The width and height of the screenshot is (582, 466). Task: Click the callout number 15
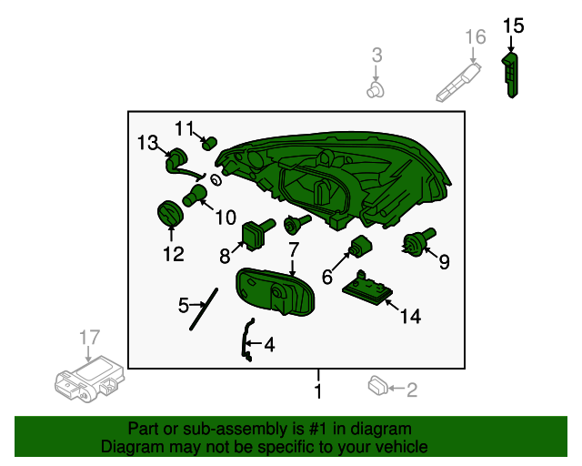(x=513, y=26)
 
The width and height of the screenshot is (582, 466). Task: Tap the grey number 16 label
(x=476, y=36)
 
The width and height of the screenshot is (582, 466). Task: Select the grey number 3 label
(x=376, y=55)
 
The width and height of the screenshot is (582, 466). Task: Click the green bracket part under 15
(x=510, y=76)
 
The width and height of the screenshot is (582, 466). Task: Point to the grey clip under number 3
(x=376, y=90)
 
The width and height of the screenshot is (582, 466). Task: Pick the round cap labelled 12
(x=170, y=213)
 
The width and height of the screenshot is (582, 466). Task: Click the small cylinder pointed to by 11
(x=210, y=143)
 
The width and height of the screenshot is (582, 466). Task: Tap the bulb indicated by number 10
(x=195, y=196)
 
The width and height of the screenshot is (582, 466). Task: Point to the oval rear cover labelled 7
(x=275, y=292)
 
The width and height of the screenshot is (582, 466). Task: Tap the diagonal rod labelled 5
(x=204, y=309)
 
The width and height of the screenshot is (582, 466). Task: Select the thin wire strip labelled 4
(x=246, y=340)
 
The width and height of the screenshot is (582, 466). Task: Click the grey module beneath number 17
(x=89, y=379)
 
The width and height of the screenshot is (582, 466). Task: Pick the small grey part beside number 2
(x=377, y=386)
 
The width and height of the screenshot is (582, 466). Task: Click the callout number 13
(x=147, y=143)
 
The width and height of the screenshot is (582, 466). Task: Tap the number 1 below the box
(x=318, y=391)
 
